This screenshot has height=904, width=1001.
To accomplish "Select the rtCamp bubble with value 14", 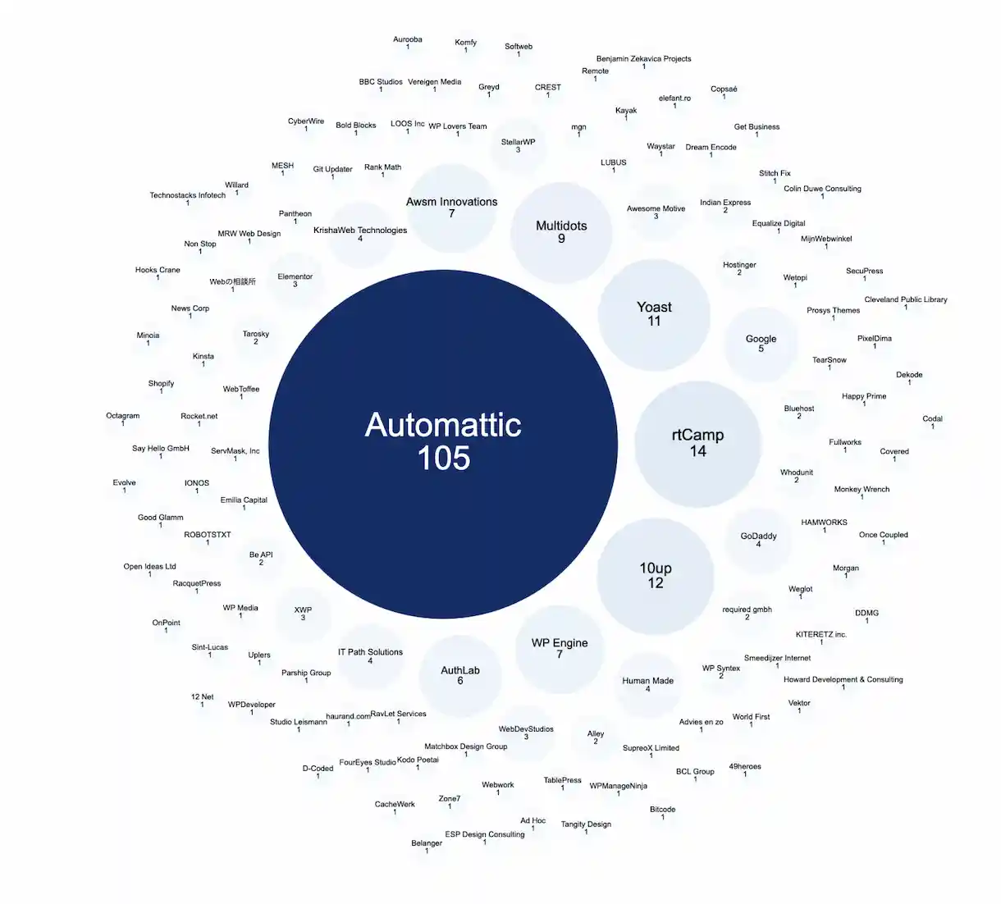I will (697, 443).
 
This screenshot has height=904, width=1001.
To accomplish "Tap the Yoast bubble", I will (654, 314).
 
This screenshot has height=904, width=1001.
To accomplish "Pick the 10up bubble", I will (656, 575).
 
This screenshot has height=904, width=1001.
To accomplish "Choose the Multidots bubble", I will (561, 231).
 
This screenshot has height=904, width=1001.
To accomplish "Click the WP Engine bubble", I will (560, 648).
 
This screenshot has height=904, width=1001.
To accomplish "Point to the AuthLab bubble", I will (459, 675).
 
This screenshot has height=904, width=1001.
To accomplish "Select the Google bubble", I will (761, 343).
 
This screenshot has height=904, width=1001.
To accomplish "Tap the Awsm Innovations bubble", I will (451, 207).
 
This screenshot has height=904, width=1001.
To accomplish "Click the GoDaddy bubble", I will (758, 539).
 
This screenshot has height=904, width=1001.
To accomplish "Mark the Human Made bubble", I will (647, 684).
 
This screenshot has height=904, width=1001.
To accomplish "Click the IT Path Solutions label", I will (370, 652).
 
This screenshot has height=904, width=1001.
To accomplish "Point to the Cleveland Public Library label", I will (905, 299).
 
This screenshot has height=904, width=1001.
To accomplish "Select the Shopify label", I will (161, 383).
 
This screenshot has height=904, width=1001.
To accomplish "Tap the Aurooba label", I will (407, 39).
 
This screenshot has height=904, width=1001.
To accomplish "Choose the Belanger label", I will (427, 842).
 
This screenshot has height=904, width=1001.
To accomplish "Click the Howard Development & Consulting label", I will (843, 679).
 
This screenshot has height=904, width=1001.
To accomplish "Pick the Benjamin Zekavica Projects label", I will (643, 59).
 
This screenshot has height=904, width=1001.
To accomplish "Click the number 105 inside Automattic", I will (443, 458).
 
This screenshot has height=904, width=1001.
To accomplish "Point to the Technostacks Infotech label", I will (187, 195).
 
